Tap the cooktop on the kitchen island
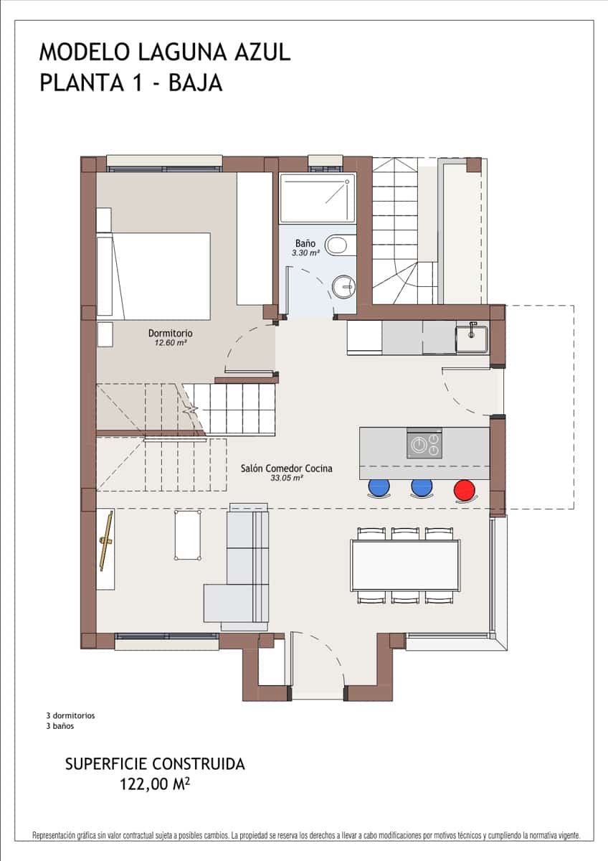coord(424,445)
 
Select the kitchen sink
coord(472,339)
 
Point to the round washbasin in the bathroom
coord(343,287)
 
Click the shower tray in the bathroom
coord(317,198)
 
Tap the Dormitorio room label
coord(170,333)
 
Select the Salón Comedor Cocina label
coord(286,468)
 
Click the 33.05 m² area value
coord(286,477)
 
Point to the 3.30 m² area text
coord(305,253)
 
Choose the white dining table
coord(405,565)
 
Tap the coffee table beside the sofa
coord(187,535)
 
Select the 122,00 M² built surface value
coord(155,784)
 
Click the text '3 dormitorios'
coord(70,715)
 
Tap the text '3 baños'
coord(60,725)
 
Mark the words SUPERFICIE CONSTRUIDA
coord(155,763)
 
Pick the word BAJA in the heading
coord(195,83)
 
